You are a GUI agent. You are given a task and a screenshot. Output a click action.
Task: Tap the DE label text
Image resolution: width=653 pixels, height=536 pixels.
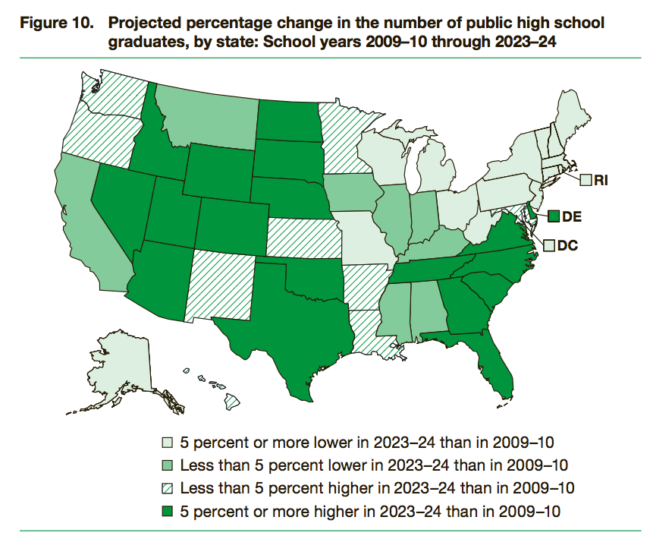(x=572, y=216)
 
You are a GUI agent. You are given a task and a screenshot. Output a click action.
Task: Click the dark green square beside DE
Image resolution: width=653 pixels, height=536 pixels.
(x=553, y=216)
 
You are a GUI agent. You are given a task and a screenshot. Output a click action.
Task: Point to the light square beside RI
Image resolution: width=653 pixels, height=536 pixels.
(x=586, y=181)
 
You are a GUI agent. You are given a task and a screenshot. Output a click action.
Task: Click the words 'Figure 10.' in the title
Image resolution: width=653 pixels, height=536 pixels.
(x=52, y=24)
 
